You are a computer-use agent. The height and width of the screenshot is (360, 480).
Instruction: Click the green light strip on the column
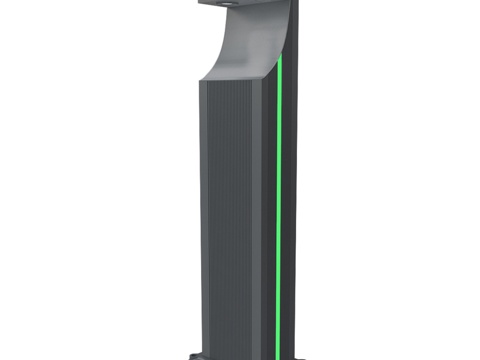click(x=279, y=200)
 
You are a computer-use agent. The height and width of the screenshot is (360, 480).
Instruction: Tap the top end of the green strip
click(x=281, y=56)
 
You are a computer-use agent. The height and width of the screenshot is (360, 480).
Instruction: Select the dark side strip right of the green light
click(x=289, y=200)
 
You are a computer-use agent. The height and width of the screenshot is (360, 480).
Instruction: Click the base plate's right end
click(x=303, y=354)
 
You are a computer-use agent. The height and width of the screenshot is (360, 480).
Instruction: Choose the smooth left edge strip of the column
click(x=202, y=220)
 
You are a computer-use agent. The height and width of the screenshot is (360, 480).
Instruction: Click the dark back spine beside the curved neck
click(x=289, y=30)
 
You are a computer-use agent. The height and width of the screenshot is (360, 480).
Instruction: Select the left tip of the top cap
click(x=200, y=4)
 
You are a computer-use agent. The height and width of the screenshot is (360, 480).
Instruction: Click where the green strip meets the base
click(x=277, y=351)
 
